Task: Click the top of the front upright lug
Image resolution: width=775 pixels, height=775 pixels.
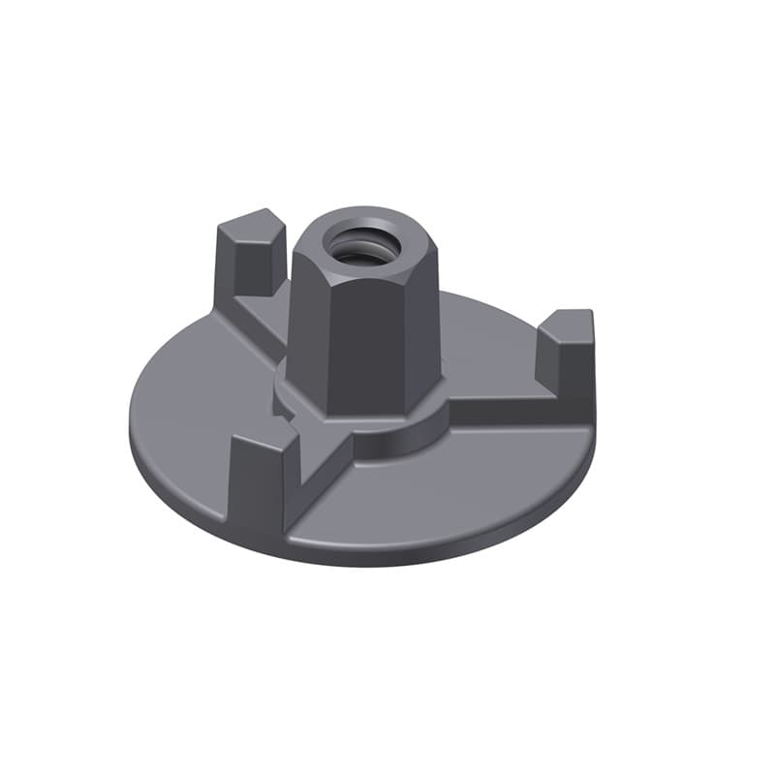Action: (x=262, y=441)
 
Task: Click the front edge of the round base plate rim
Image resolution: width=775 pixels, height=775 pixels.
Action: (x=407, y=557)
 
